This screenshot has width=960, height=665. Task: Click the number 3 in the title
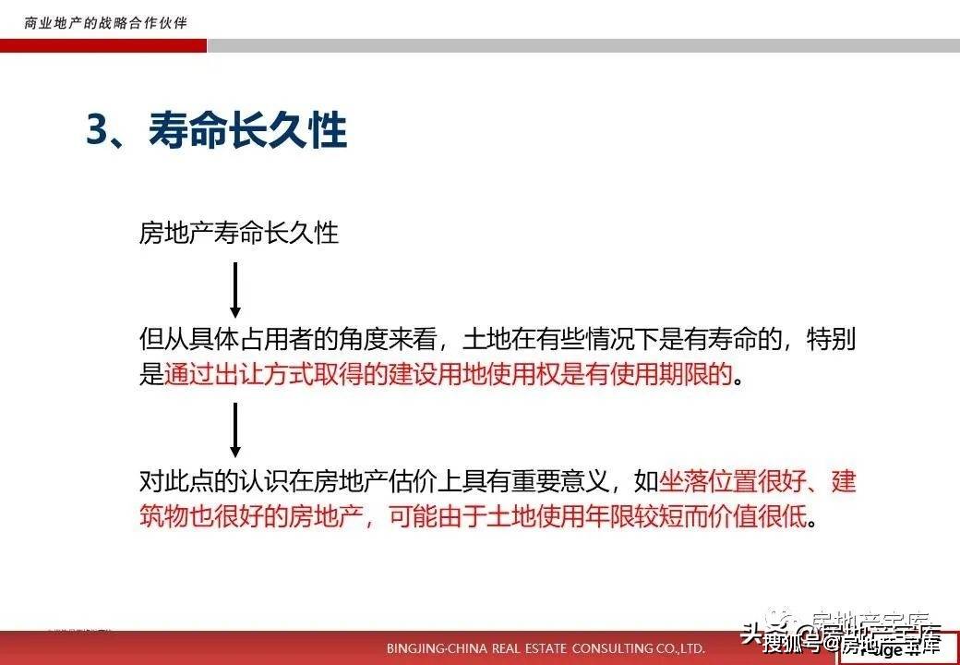[x=98, y=132]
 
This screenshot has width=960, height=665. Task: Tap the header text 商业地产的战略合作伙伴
[x=105, y=21]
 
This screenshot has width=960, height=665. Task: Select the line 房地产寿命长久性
[x=239, y=233]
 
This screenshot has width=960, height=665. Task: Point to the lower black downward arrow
[x=235, y=429]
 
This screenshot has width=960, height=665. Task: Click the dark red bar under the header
[x=102, y=45]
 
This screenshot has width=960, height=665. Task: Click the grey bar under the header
[x=582, y=45]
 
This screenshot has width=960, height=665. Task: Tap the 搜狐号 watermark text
[x=792, y=644]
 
